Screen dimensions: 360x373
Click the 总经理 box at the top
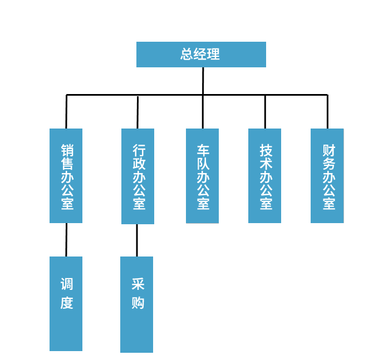point(201,55)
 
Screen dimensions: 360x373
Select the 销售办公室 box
point(66,176)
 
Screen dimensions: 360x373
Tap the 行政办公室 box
point(138,176)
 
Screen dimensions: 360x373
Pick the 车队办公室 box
point(202,176)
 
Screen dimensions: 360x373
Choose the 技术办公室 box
point(264,176)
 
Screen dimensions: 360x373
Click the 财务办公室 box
point(327,176)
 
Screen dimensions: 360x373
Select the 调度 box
point(66,304)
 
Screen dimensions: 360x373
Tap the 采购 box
point(136,304)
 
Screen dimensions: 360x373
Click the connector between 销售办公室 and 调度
point(66,240)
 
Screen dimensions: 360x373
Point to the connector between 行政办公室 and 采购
point(137,240)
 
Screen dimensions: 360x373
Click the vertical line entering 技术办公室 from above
point(265,112)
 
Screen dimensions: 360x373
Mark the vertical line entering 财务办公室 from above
point(327,112)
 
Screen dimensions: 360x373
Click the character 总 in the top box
point(187,55)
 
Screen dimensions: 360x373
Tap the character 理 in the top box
point(214,55)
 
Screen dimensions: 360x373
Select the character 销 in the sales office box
point(67,151)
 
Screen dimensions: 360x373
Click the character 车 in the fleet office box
point(203,150)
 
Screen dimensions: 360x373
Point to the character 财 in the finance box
point(328,150)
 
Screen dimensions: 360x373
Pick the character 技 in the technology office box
point(266,150)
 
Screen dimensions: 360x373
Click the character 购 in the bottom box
point(138,303)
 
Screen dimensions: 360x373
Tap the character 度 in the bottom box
point(67,303)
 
